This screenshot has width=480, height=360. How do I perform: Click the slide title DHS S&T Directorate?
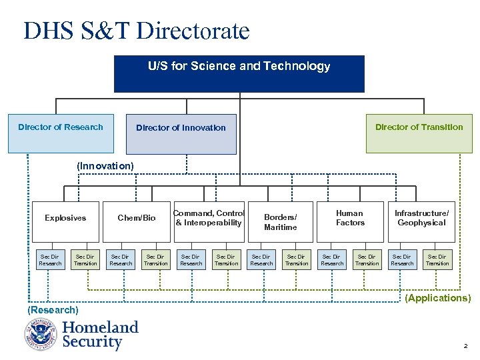pos(137,31)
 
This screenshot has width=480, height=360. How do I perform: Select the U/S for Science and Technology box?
pos(239,73)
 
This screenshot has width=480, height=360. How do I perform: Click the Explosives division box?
pos(65,221)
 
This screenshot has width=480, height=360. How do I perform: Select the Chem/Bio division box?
pos(136,221)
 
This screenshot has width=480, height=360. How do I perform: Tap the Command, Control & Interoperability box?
pos(209,221)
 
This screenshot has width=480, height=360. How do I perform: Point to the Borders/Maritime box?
pos(280,221)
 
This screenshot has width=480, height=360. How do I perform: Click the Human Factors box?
pos(350,221)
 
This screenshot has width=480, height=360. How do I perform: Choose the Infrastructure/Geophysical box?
pos(421,221)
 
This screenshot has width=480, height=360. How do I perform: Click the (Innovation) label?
pos(105,165)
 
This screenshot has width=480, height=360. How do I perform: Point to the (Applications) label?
pos(438,298)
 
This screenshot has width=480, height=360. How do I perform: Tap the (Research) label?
pos(53,310)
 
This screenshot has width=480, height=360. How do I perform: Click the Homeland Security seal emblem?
pos(41,335)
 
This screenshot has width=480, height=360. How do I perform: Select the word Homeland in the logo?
pos(100,327)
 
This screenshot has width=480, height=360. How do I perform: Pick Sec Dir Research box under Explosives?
pos(50,260)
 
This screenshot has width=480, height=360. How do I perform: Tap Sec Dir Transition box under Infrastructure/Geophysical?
pos(437,260)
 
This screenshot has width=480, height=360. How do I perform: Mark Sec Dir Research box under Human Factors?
pos(332,260)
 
